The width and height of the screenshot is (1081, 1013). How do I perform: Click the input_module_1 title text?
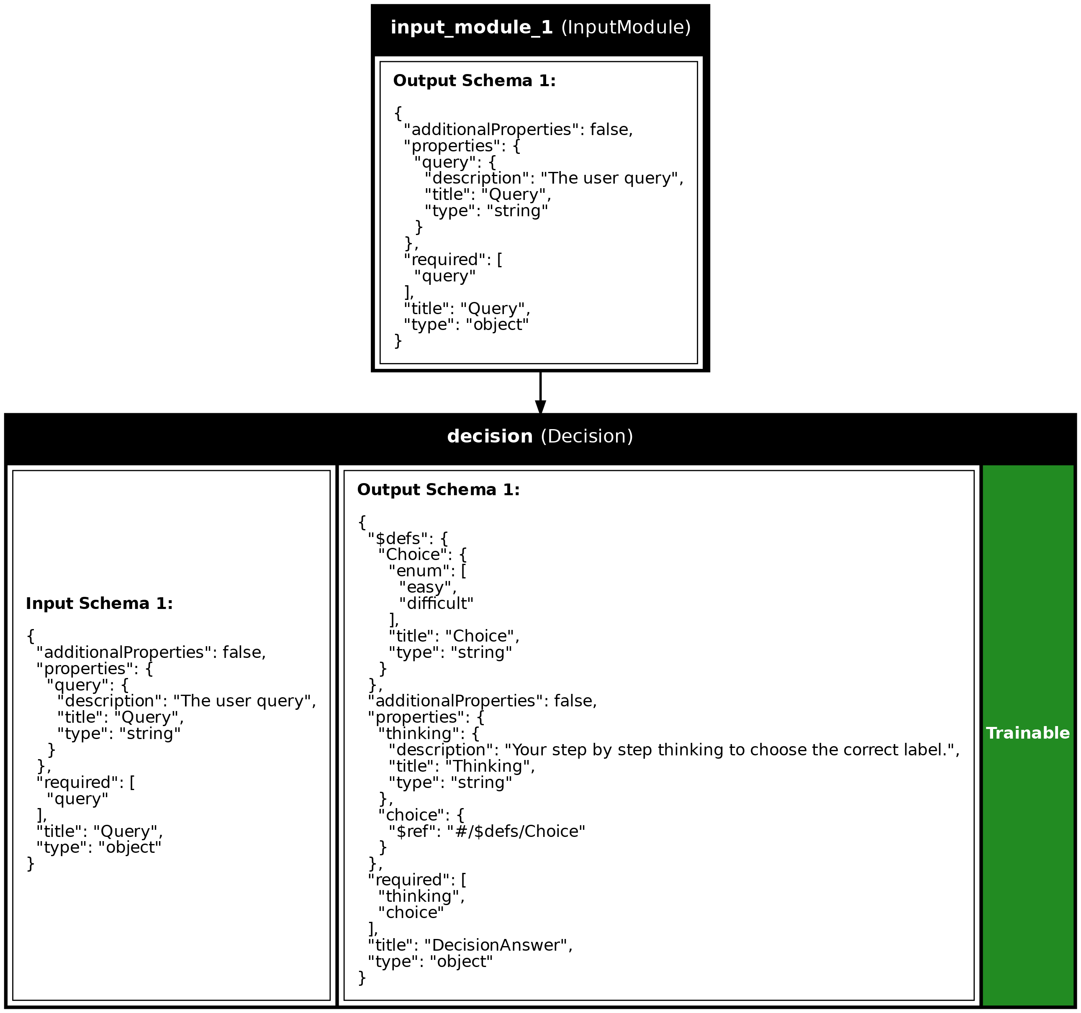[471, 28]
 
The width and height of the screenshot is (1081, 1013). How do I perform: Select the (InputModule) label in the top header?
[625, 28]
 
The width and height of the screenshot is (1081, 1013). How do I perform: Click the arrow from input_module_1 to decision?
[540, 392]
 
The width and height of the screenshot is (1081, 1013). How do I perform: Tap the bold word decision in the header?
[489, 436]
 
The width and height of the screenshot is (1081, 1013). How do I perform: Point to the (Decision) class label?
[587, 436]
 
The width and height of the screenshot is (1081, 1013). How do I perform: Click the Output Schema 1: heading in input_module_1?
[474, 81]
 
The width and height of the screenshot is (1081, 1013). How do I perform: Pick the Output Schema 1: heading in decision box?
[438, 490]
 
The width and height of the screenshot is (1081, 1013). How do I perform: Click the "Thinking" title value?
[489, 766]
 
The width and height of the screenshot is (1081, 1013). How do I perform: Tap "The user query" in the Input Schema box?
[244, 701]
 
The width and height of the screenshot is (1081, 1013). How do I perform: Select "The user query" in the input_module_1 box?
[611, 178]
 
